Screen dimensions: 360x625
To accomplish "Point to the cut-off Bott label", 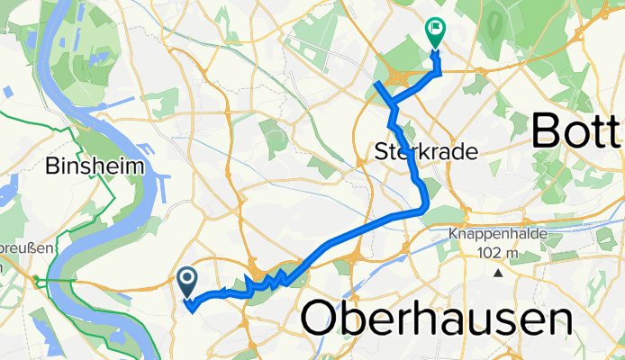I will pyautogui.click(x=576, y=131).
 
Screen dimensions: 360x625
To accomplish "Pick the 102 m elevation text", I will pyautogui.click(x=498, y=253).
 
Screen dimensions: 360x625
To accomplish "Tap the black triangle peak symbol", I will pyautogui.click(x=498, y=272).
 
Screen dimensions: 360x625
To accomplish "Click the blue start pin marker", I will pyautogui.click(x=188, y=283).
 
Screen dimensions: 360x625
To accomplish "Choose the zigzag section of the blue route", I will pyautogui.click(x=270, y=281).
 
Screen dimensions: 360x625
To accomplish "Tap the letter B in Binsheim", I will pyautogui.click(x=50, y=166).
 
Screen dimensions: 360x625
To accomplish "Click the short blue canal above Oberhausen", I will pyautogui.click(x=356, y=269).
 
